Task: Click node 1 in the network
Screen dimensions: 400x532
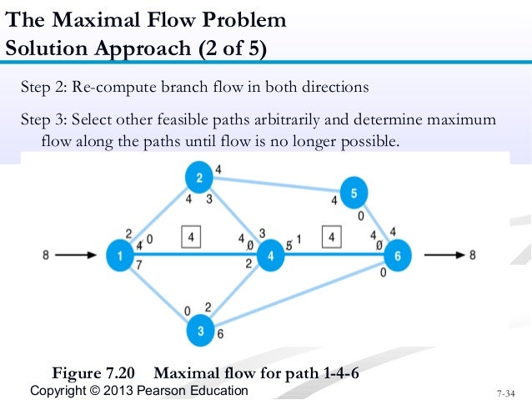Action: coord(120,256)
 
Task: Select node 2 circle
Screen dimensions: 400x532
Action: coord(198,178)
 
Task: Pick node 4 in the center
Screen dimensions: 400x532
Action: coord(271,256)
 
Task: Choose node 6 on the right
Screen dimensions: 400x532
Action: coord(398,256)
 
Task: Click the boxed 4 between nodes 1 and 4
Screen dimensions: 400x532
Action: coord(192,238)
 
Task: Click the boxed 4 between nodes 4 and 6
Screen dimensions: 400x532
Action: coord(333,238)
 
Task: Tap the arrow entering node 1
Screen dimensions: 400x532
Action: coord(78,256)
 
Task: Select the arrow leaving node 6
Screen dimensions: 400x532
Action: coord(441,256)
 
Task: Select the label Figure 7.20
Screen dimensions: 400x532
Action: coord(98,372)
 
